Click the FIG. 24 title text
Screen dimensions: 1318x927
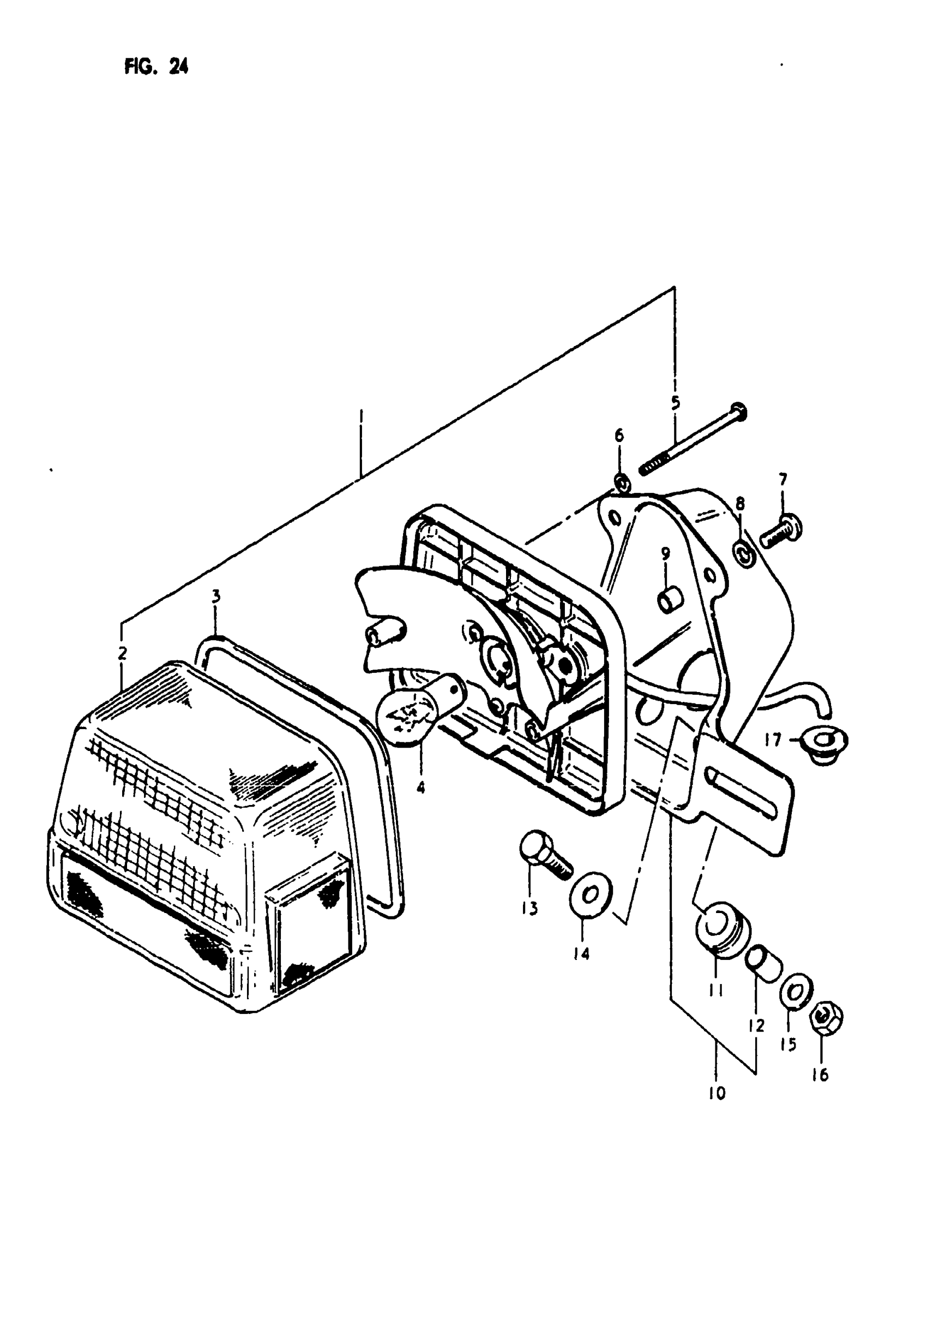click(156, 67)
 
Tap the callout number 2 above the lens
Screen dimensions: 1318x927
click(122, 653)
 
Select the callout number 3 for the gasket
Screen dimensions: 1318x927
click(216, 597)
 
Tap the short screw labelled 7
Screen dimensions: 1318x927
click(780, 529)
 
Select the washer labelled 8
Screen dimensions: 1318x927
click(744, 554)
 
